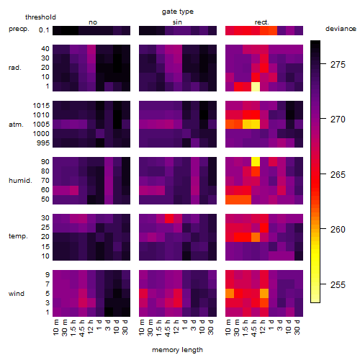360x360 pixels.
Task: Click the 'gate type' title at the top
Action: pyautogui.click(x=178, y=12)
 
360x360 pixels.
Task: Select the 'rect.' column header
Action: pyautogui.click(x=262, y=22)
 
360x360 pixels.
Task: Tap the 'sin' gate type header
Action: pyautogui.click(x=177, y=22)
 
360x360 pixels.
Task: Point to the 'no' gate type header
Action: pyautogui.click(x=93, y=22)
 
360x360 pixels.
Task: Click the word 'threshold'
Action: pyautogui.click(x=40, y=17)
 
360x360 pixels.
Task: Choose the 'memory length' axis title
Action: pyautogui.click(x=177, y=350)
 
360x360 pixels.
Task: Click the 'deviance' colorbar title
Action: pyautogui.click(x=341, y=29)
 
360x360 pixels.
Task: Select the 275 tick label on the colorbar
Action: pyautogui.click(x=338, y=64)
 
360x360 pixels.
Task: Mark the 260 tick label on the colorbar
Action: pyautogui.click(x=338, y=230)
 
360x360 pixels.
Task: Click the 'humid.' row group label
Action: pyautogui.click(x=20, y=181)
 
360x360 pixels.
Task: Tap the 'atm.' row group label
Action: pyautogui.click(x=16, y=125)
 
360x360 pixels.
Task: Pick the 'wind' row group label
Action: pyautogui.click(x=17, y=294)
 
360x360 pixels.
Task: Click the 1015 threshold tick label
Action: pyautogui.click(x=41, y=106)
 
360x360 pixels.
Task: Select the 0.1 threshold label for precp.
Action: pyautogui.click(x=44, y=30)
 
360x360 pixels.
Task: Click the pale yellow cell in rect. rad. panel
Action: pyautogui.click(x=256, y=86)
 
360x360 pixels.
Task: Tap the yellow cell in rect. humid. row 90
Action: pyautogui.click(x=256, y=162)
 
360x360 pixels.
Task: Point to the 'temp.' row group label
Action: pyautogui.click(x=18, y=236)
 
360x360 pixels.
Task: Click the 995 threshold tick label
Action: pyautogui.click(x=43, y=143)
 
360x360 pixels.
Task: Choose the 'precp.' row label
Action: pyautogui.click(x=19, y=29)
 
